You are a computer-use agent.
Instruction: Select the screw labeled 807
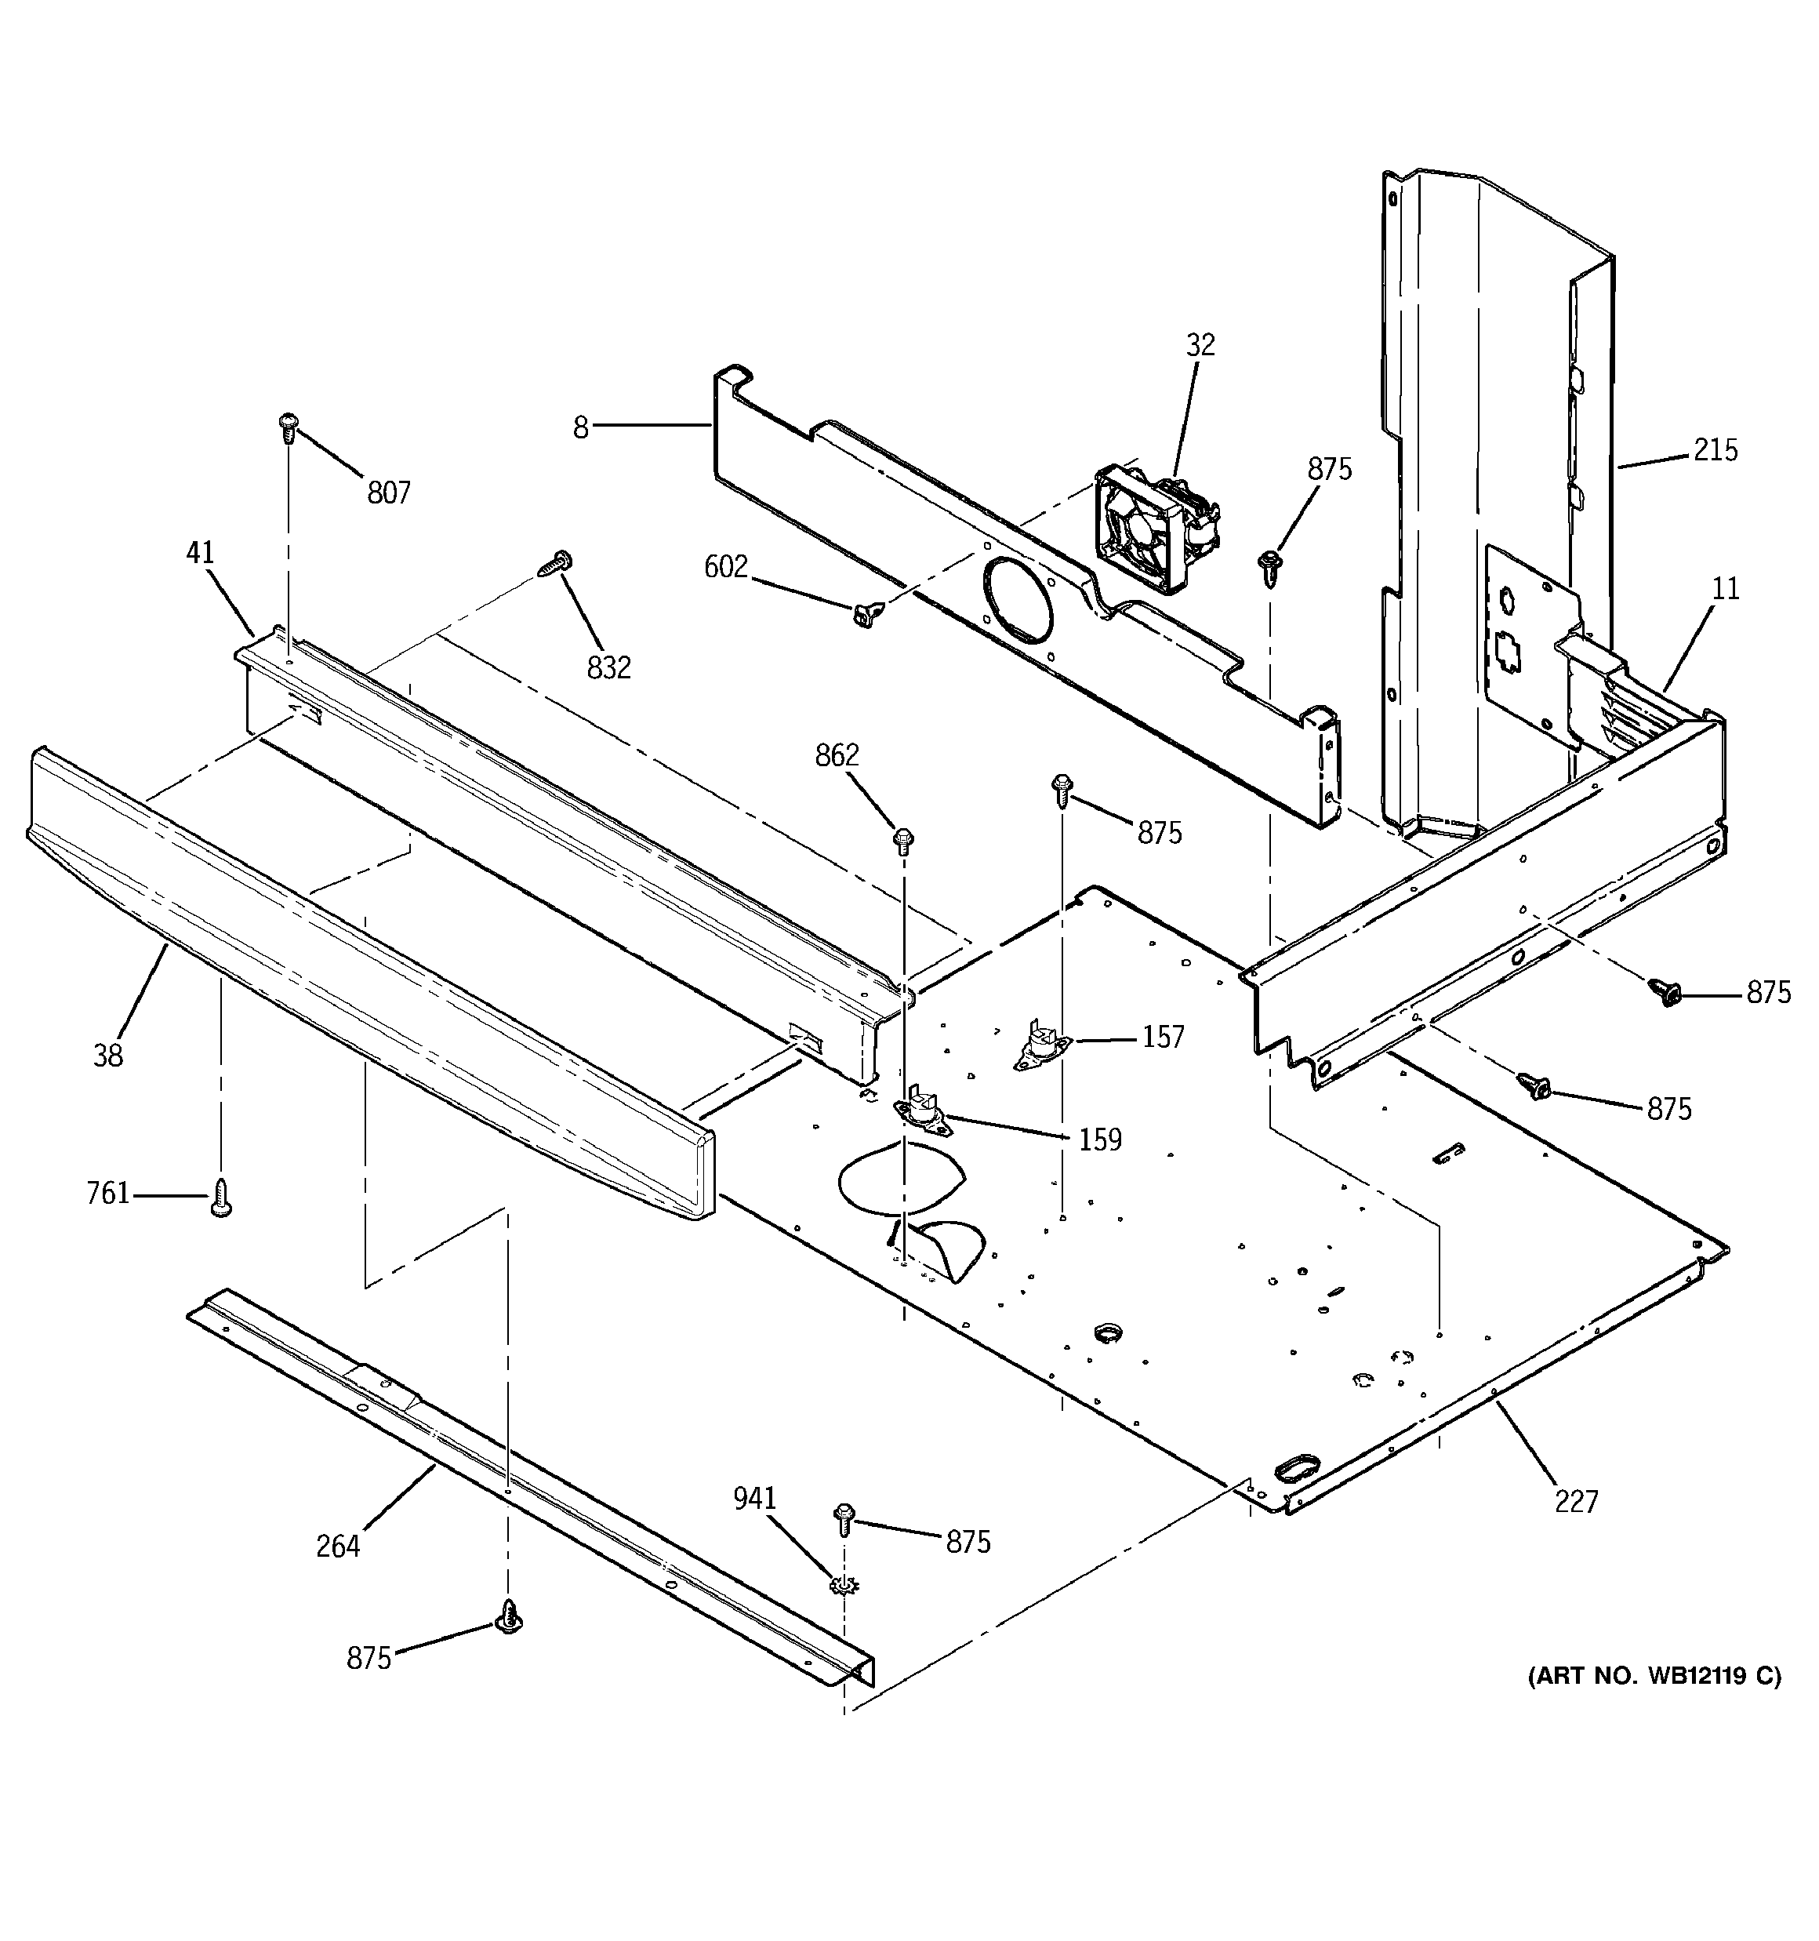point(288,426)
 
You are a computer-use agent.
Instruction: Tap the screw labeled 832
point(557,565)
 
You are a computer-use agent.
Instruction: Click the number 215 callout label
point(1716,450)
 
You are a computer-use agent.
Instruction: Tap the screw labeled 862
point(904,838)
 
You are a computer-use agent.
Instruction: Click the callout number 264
point(338,1547)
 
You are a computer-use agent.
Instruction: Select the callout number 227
point(1576,1502)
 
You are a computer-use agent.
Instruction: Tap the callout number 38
point(108,1056)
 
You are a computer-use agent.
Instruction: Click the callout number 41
point(199,554)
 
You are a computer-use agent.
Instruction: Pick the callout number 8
point(581,427)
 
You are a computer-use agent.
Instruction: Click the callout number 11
point(1725,589)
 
